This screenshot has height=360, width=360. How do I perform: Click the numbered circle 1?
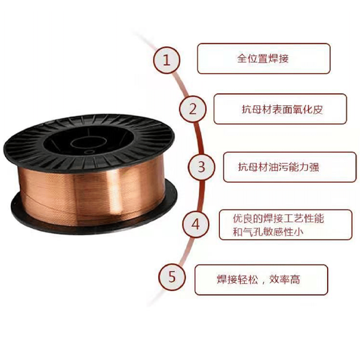pyautogui.click(x=167, y=60)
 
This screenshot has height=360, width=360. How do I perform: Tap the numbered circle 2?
pyautogui.click(x=192, y=108)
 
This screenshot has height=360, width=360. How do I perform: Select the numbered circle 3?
pyautogui.click(x=201, y=167)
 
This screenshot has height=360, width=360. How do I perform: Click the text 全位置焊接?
pyautogui.click(x=263, y=59)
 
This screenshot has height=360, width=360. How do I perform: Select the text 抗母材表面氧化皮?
pyautogui.click(x=282, y=109)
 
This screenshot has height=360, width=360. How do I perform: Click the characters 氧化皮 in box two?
pyautogui.click(x=308, y=109)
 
